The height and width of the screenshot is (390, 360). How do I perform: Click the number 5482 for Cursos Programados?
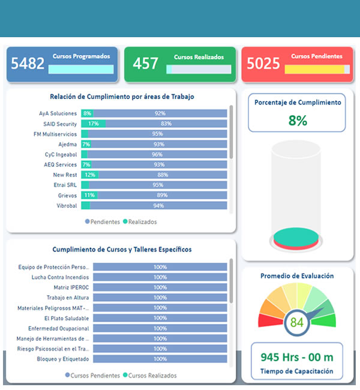[28, 63]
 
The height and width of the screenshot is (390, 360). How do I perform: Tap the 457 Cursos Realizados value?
[145, 63]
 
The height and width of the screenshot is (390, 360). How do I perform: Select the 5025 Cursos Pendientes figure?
[263, 63]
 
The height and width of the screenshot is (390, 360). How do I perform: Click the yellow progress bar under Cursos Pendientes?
[314, 70]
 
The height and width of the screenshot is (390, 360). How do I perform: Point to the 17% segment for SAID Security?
[93, 124]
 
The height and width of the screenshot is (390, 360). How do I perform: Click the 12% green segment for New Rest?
[90, 175]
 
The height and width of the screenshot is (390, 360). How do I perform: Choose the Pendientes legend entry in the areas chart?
[103, 221]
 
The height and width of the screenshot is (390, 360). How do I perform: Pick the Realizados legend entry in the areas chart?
[140, 221]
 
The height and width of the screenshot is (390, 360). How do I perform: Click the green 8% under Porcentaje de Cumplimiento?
[297, 120]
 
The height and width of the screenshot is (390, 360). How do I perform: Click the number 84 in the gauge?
[296, 322]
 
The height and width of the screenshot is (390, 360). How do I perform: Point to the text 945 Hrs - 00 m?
[296, 357]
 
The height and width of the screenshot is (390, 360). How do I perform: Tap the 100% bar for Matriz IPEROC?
[160, 287]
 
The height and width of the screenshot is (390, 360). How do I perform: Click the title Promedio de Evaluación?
[297, 276]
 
